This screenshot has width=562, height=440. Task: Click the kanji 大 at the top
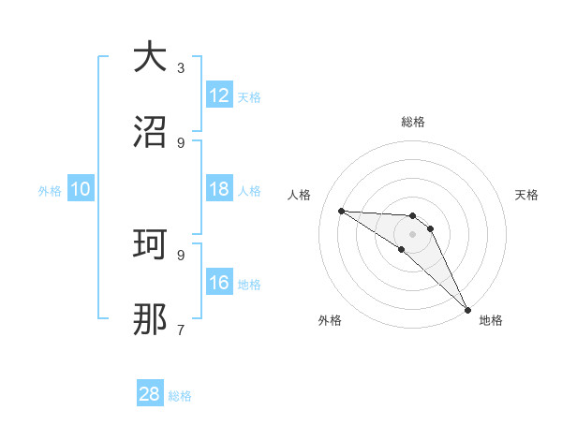click(150, 57)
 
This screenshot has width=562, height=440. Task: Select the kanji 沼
click(150, 132)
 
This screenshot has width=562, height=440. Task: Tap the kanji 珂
click(150, 244)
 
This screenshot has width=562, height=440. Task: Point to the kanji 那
click(150, 319)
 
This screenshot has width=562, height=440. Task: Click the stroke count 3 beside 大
click(181, 67)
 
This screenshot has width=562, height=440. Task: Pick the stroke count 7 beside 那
click(181, 330)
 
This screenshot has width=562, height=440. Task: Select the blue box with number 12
click(219, 95)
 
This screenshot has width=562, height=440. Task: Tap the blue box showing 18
click(219, 189)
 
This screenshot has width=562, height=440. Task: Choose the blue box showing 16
click(219, 283)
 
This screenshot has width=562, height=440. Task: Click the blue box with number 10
click(81, 189)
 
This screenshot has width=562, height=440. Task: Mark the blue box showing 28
click(150, 394)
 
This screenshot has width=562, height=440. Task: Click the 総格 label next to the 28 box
click(180, 396)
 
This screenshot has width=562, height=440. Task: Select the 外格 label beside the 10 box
click(50, 190)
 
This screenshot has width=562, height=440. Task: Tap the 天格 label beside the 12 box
click(249, 96)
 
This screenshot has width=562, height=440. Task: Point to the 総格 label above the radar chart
click(413, 122)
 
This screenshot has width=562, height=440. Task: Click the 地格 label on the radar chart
click(491, 320)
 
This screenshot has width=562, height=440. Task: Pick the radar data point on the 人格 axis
click(341, 211)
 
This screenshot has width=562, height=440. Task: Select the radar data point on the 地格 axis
click(467, 309)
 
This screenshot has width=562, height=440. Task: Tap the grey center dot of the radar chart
click(412, 234)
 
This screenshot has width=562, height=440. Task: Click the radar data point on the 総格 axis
click(412, 216)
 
